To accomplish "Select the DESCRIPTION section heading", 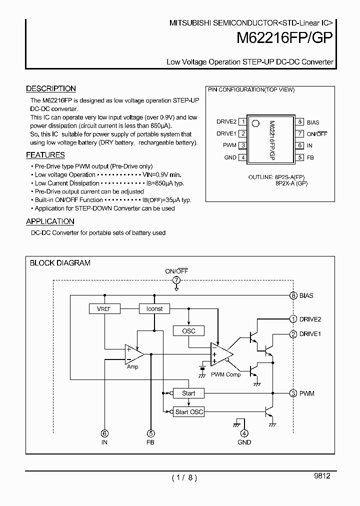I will click(x=51, y=88).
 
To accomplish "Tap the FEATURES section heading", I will click(x=45, y=155).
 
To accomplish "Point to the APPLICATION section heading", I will click(x=50, y=221).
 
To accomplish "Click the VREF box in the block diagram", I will click(x=104, y=309).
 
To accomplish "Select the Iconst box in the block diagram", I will click(x=154, y=309).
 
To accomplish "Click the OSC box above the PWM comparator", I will click(x=188, y=331).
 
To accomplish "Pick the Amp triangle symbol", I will click(x=133, y=354).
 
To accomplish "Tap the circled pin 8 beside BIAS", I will click(x=293, y=295).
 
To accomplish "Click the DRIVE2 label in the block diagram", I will click(x=310, y=319).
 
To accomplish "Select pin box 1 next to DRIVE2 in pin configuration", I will click(x=242, y=121).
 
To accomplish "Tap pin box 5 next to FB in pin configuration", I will click(x=299, y=157).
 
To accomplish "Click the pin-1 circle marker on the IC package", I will click(x=255, y=123).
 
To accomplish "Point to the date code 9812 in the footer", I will click(x=322, y=476).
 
